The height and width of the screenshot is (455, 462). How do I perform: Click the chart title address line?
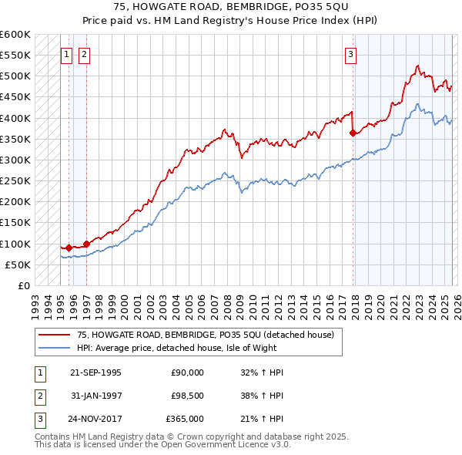(x=230, y=8)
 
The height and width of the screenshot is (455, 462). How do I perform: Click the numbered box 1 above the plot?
(x=66, y=54)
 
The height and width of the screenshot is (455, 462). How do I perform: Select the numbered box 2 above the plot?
(x=83, y=54)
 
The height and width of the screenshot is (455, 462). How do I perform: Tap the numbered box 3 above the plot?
(x=350, y=54)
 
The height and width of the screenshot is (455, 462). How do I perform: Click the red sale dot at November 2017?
(x=353, y=133)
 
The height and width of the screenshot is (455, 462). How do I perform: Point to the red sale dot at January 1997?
(x=86, y=244)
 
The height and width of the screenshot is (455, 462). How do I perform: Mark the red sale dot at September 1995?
(x=69, y=248)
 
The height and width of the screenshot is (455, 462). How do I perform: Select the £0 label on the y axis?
(x=24, y=285)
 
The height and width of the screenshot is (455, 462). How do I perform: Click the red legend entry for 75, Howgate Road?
(x=205, y=335)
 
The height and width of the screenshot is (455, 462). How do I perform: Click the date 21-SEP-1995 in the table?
(x=95, y=372)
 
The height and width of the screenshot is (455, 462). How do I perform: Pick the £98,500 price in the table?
(x=187, y=396)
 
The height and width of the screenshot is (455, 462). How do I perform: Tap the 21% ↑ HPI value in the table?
(x=262, y=419)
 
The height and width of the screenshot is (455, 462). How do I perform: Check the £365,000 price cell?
(x=186, y=419)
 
